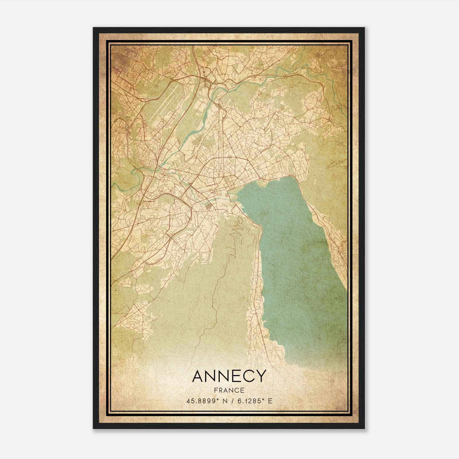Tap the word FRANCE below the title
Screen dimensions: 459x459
click(229, 390)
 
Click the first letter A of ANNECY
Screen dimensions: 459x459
click(198, 376)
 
